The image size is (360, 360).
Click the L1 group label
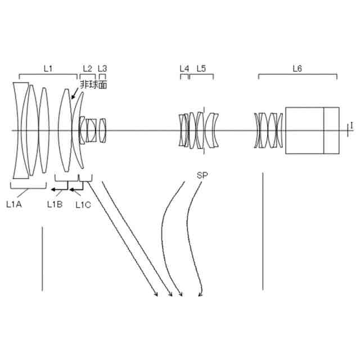coord(48,68)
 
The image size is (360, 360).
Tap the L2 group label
coord(87,68)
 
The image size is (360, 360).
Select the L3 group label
coord(102,68)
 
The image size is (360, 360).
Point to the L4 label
coord(184,68)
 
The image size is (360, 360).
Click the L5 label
coord(201,68)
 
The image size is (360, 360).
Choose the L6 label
coord(297,68)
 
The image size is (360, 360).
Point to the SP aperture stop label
coord(202,175)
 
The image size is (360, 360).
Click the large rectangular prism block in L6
coord(304,130)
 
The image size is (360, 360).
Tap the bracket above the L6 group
coord(297,76)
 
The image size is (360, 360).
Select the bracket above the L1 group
coord(48,76)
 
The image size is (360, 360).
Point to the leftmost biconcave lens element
coord(20,130)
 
